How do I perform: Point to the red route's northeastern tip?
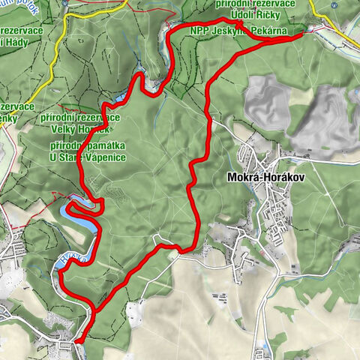[310, 30]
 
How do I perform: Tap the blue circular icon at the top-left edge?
[65, 3]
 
